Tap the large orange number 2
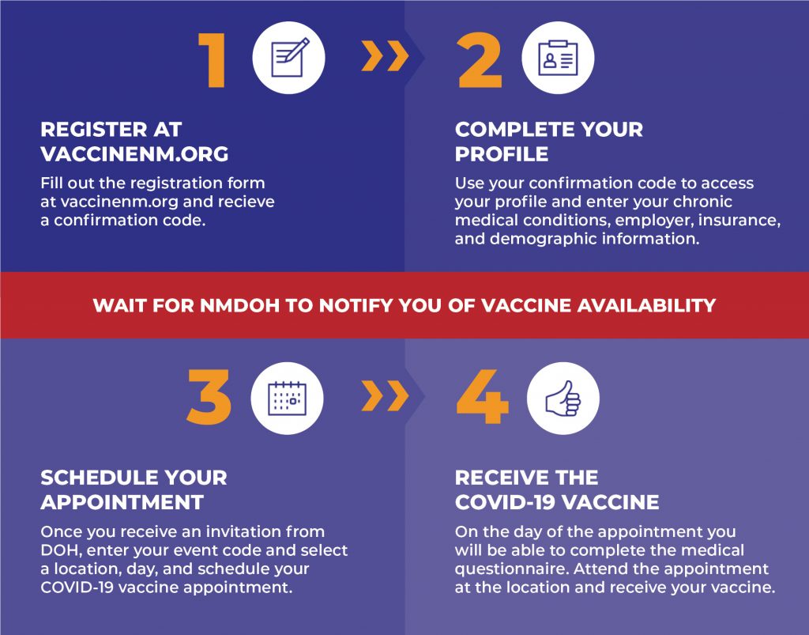[x=480, y=61]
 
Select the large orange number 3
[x=209, y=397]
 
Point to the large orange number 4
[x=483, y=397]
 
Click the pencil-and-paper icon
[x=289, y=57]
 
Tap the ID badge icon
[x=559, y=58]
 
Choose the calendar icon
[x=288, y=399]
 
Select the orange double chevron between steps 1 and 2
[x=385, y=56]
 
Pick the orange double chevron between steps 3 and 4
[x=385, y=396]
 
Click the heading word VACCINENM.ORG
[x=134, y=154]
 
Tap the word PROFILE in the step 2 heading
[x=502, y=154]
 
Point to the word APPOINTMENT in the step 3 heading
[x=122, y=502]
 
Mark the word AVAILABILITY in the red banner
[x=646, y=305]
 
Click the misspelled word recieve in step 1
[x=246, y=202]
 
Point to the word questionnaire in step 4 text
[x=511, y=569]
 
